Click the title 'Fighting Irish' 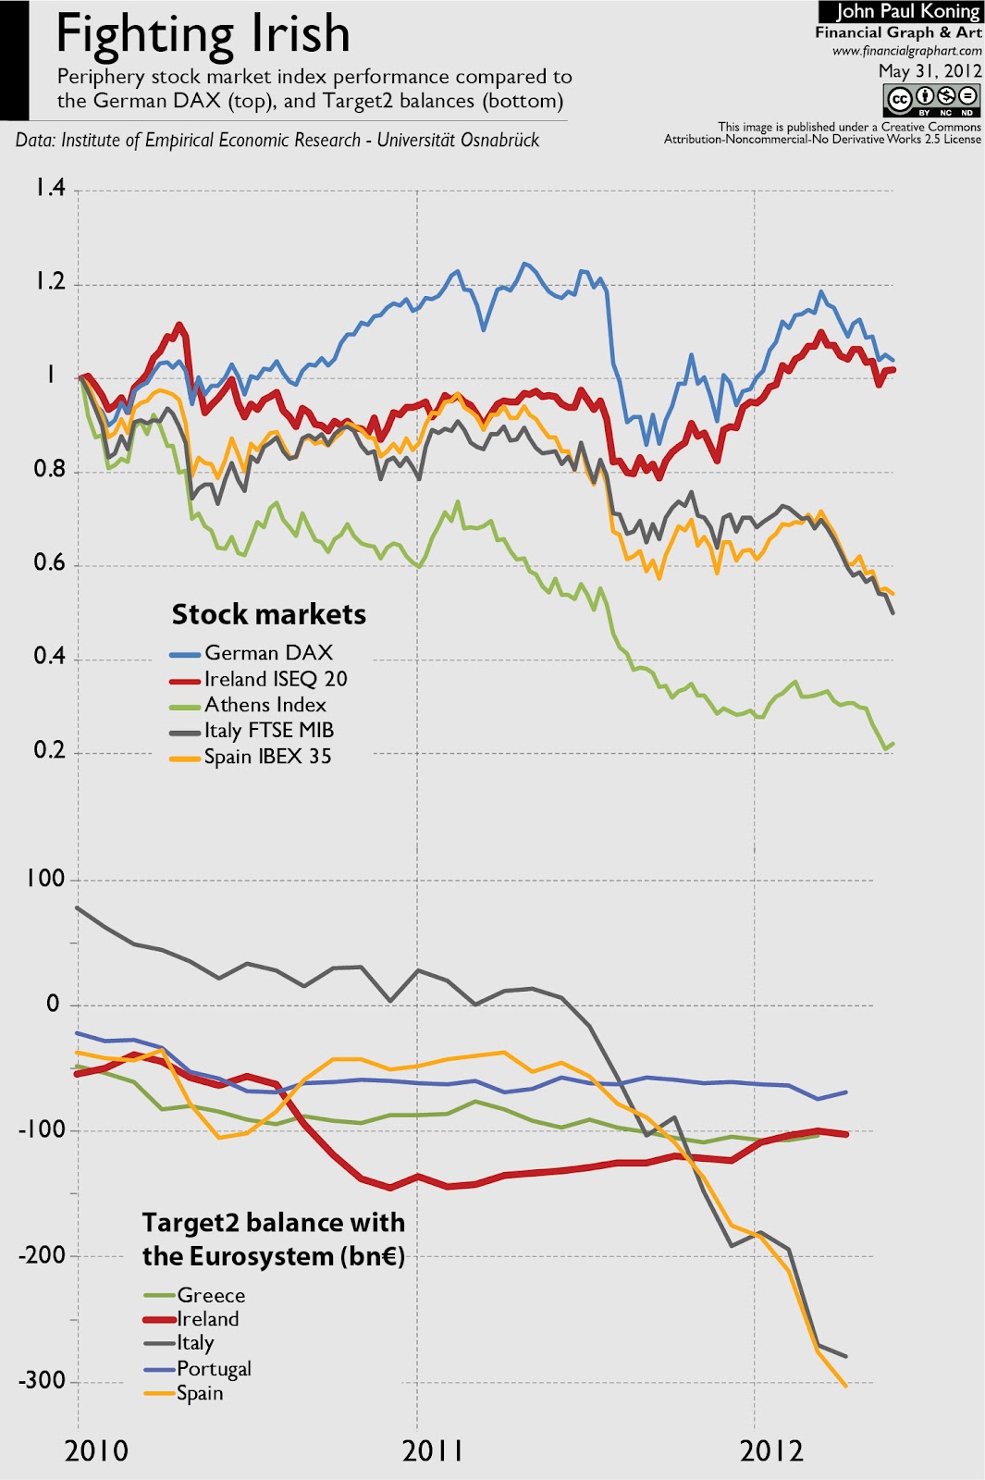(x=203, y=35)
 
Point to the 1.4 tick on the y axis (x=50, y=189)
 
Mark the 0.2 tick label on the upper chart (x=50, y=750)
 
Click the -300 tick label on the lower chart (x=42, y=1381)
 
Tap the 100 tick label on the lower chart (x=45, y=879)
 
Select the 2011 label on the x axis (x=433, y=1450)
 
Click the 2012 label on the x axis (x=771, y=1450)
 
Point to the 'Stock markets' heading (x=268, y=614)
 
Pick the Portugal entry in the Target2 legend (x=214, y=1369)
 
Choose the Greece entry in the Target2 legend (x=211, y=1295)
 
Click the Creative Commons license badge (x=931, y=99)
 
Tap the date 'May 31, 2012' (x=930, y=71)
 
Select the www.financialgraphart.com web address (x=906, y=51)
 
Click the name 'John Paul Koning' (x=907, y=12)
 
